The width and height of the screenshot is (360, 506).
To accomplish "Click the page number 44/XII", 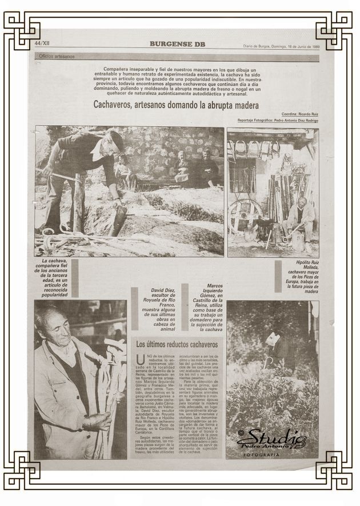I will pos(42,43).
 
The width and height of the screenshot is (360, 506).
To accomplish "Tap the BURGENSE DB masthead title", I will pos(177,44).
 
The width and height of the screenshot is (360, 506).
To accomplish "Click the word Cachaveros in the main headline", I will pos(118,106).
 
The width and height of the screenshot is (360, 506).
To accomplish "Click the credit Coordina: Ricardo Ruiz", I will pos(299,114).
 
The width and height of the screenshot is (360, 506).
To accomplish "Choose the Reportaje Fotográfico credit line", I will pos(278,121).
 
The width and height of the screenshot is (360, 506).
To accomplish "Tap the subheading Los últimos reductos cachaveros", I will pos(177,345).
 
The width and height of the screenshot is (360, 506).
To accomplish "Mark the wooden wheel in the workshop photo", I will pos(245,216).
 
